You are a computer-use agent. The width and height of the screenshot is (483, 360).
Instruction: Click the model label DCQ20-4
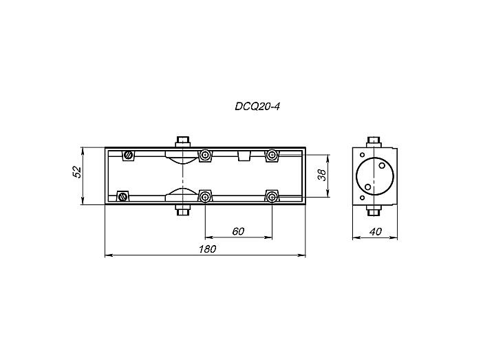click(257, 107)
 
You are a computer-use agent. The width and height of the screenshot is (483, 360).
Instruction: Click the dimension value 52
click(77, 172)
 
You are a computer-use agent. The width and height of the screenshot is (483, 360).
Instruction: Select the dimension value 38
click(322, 175)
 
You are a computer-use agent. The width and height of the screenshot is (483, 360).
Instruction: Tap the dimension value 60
click(239, 231)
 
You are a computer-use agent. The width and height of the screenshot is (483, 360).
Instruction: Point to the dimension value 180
click(208, 248)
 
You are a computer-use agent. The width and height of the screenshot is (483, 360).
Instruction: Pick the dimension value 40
click(375, 231)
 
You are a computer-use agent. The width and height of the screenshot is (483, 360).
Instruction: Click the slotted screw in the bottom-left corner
click(123, 196)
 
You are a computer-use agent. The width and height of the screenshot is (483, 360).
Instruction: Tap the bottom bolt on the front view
click(183, 210)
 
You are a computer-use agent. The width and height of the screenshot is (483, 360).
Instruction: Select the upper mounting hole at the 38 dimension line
click(272, 155)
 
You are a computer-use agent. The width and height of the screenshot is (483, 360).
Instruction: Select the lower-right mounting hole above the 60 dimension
click(272, 197)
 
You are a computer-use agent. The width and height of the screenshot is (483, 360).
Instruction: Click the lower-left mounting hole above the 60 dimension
click(205, 197)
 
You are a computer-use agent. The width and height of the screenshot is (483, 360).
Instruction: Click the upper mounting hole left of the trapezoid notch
click(205, 155)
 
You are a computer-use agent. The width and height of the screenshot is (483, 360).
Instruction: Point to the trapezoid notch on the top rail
click(244, 156)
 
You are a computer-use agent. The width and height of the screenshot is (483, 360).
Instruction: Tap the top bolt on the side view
click(374, 142)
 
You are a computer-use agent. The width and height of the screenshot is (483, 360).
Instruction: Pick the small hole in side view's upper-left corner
click(362, 155)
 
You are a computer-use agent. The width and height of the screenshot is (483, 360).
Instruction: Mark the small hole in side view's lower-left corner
click(362, 198)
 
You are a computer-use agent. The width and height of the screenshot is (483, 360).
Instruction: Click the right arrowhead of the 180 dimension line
click(302, 255)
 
